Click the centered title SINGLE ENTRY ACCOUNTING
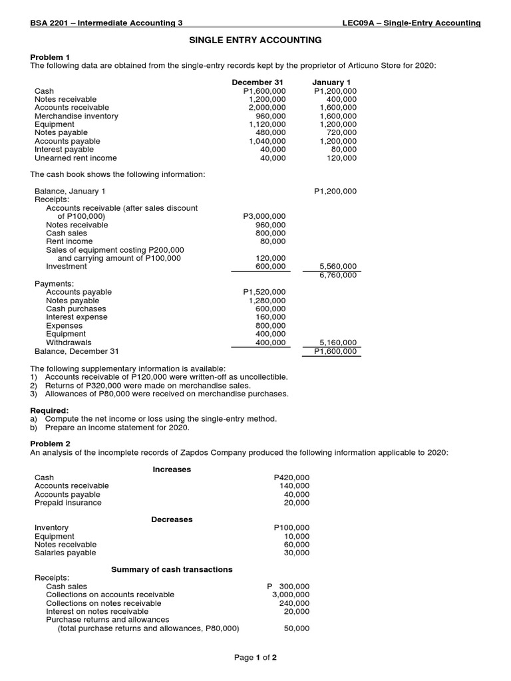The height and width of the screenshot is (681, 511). click(x=255, y=41)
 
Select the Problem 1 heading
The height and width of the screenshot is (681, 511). click(x=49, y=58)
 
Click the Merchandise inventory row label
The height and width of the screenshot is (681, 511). click(x=76, y=116)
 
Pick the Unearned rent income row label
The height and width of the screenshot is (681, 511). click(x=75, y=158)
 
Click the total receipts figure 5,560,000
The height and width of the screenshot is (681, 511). click(x=338, y=267)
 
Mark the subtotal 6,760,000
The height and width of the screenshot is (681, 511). click(x=338, y=275)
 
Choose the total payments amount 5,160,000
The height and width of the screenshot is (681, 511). click(x=338, y=342)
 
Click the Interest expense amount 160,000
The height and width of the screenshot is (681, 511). click(x=271, y=317)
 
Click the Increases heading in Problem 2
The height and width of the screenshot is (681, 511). click(x=172, y=470)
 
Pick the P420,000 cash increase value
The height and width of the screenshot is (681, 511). click(x=291, y=478)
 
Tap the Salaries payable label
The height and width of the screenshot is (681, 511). click(x=65, y=553)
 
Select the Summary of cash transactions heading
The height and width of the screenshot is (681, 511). click(x=172, y=570)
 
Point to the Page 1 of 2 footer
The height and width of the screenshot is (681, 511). click(x=255, y=658)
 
